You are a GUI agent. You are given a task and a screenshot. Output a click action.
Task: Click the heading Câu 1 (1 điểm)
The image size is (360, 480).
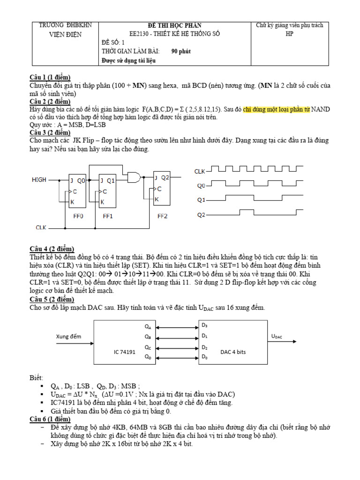(51, 77)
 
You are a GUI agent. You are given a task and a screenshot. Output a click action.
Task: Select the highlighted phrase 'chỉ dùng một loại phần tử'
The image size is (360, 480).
(276, 109)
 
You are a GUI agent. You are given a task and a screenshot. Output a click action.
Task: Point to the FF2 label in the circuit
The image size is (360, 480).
(162, 217)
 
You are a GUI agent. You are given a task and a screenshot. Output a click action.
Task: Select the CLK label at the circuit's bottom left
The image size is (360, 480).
(42, 227)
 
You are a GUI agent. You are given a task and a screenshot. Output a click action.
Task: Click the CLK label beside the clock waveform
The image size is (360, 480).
(200, 172)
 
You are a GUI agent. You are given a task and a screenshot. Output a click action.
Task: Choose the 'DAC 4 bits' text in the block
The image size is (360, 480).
(232, 351)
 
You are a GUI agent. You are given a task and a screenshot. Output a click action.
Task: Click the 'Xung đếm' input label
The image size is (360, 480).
(69, 336)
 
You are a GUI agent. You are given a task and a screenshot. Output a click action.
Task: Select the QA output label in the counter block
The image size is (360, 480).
(148, 326)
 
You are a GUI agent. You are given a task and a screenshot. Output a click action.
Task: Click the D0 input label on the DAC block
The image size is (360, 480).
(204, 358)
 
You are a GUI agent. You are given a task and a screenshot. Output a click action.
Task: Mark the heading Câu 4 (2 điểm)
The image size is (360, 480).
(52, 249)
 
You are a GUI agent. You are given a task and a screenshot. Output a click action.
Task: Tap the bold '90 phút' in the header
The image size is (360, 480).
(181, 51)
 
